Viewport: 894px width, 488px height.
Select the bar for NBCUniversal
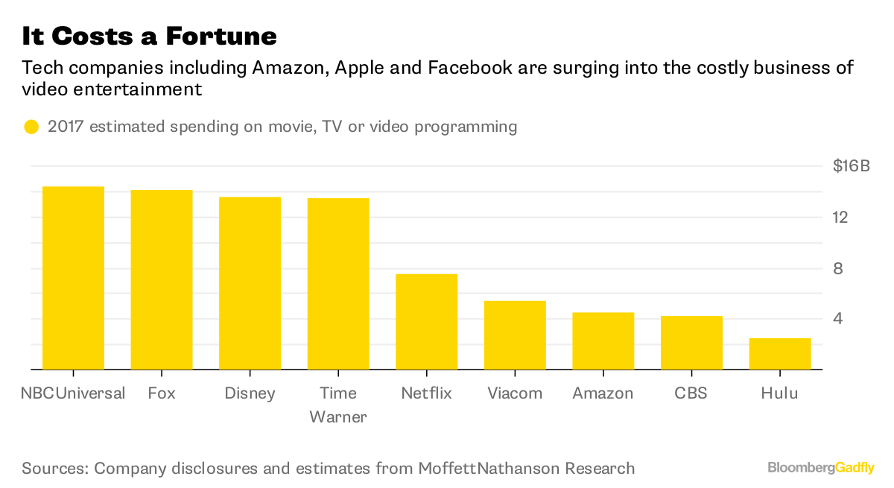[73, 278]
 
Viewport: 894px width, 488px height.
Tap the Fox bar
[162, 279]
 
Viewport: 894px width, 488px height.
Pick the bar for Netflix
[426, 322]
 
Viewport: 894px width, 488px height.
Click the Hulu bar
[779, 354]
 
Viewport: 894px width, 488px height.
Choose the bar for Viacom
[515, 335]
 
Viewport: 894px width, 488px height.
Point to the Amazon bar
[603, 340]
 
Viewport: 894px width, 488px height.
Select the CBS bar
[691, 343]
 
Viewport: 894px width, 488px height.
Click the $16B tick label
[851, 166]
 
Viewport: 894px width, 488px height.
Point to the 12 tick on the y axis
[841, 217]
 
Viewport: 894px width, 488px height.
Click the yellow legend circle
[31, 127]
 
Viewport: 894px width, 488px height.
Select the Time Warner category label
[338, 405]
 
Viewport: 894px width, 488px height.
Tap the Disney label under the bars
[250, 393]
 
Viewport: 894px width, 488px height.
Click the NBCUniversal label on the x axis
[72, 393]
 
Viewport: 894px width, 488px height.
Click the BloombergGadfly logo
[821, 468]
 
